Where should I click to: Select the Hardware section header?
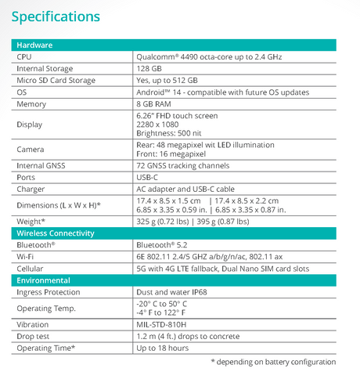click(x=36, y=45)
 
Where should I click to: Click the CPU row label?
click(x=25, y=57)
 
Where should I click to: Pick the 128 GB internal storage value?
click(x=150, y=69)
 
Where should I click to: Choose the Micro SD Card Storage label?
click(x=61, y=81)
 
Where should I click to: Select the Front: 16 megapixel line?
click(x=175, y=154)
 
